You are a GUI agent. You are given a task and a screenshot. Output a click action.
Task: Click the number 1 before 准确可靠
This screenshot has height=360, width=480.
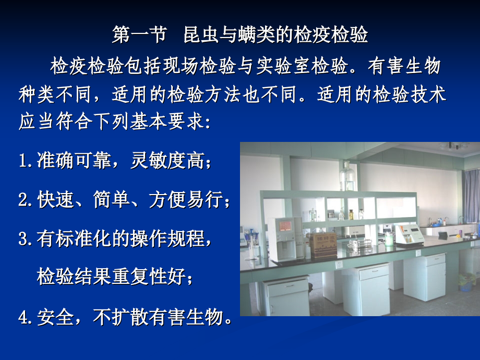pyautogui.click(x=23, y=161)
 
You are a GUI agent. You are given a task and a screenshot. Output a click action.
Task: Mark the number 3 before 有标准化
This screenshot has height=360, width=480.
pyautogui.click(x=23, y=239)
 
